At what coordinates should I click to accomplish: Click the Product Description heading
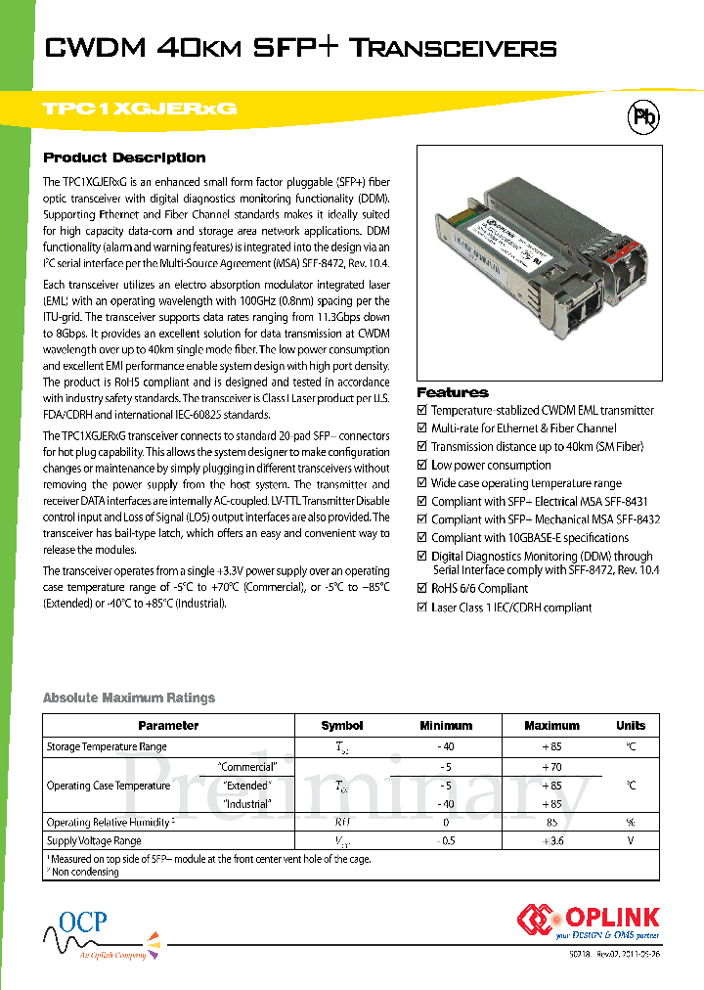(124, 157)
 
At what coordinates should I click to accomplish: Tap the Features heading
(453, 392)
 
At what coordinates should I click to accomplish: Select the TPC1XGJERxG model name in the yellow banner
(140, 110)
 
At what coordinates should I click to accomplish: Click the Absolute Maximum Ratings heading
(129, 697)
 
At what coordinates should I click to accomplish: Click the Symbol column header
(341, 726)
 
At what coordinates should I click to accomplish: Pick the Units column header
(631, 726)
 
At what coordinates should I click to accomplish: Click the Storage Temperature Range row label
(107, 747)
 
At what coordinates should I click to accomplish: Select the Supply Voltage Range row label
(94, 841)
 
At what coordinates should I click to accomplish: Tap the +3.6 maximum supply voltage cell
(551, 841)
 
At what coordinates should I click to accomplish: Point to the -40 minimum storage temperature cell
(445, 747)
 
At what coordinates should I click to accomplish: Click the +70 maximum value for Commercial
(551, 767)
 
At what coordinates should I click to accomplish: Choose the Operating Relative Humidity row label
(110, 823)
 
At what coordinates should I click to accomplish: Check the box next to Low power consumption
(422, 466)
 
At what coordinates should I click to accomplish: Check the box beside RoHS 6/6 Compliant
(422, 589)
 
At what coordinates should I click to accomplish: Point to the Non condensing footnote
(85, 872)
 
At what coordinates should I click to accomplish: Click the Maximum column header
(551, 726)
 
